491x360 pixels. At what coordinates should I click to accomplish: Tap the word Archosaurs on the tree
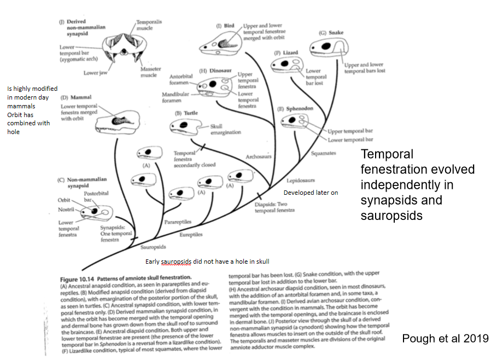[x=259, y=156]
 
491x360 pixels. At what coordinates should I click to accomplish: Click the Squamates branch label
[x=323, y=153]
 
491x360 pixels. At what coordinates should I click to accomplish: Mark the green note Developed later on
[x=309, y=193]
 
